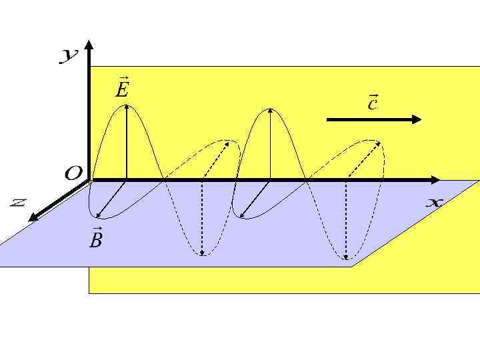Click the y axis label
(x=69, y=57)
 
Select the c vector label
(x=373, y=102)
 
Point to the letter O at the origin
(x=73, y=174)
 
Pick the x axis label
(x=434, y=203)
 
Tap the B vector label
(x=96, y=238)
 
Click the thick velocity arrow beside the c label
(x=373, y=119)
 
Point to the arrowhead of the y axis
(x=89, y=46)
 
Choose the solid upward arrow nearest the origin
(x=126, y=143)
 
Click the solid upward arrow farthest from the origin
(x=269, y=144)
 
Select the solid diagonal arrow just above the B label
(x=111, y=199)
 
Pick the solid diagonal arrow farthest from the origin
(x=254, y=199)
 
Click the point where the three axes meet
(x=90, y=180)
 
